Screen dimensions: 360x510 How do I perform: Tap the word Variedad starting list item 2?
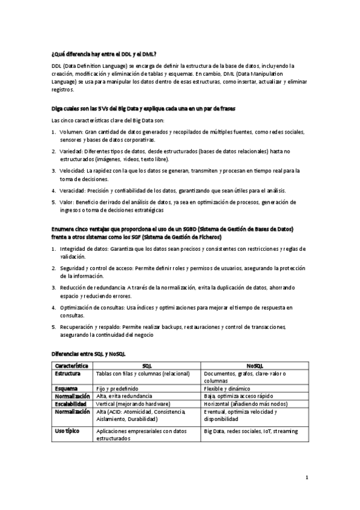point(73,152)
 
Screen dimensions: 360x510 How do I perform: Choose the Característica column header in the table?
point(72,366)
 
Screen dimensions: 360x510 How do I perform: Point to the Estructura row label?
point(68,373)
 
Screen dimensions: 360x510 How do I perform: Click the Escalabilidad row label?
point(72,404)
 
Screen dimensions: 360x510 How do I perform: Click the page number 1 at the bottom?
point(307,478)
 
